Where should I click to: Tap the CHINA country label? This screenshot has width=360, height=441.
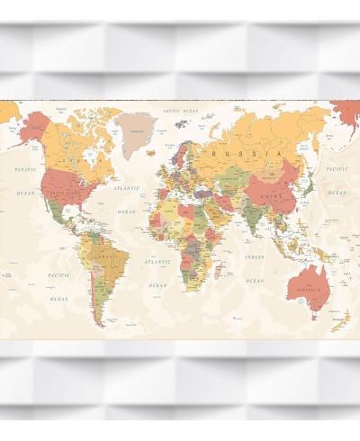272,195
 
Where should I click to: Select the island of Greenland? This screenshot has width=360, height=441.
138,129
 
